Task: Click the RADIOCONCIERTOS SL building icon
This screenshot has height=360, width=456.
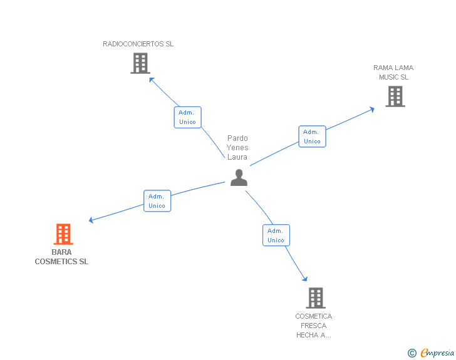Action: tap(140, 63)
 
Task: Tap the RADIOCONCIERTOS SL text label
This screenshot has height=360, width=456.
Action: tap(138, 44)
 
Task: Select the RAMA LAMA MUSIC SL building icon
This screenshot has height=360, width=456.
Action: tap(395, 96)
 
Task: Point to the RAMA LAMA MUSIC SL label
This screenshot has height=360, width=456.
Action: tap(393, 73)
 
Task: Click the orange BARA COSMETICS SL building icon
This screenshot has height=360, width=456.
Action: tap(63, 234)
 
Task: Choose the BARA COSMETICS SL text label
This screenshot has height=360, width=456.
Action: tap(61, 257)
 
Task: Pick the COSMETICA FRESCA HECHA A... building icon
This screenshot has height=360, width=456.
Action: tap(316, 298)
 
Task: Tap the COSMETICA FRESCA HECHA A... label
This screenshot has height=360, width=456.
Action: tap(314, 326)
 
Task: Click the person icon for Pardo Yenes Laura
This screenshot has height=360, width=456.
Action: tap(239, 178)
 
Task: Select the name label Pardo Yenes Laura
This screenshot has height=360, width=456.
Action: tap(237, 148)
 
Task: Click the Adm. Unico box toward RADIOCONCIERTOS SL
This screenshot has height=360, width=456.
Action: tap(187, 117)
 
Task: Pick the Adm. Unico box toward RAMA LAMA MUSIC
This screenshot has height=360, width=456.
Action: tap(312, 136)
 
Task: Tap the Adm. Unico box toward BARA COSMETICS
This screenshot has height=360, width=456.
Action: tap(157, 201)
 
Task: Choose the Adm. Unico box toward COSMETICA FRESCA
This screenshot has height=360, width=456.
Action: tap(276, 235)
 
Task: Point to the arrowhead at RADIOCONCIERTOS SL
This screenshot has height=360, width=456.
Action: tap(151, 80)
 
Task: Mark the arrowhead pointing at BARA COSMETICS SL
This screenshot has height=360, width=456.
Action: tap(91, 220)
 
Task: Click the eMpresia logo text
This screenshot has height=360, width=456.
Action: tap(437, 352)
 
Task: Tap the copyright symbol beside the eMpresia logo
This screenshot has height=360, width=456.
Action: tap(412, 353)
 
